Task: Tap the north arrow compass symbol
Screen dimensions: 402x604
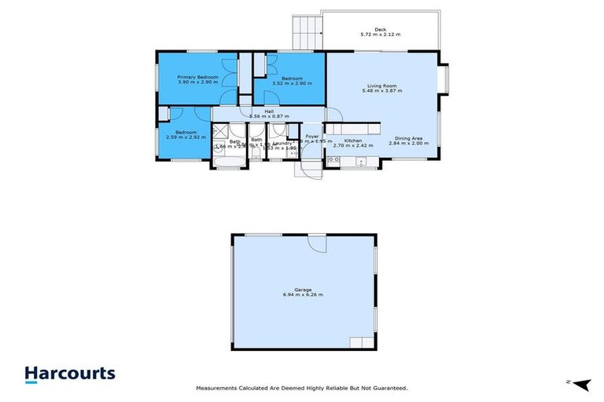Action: (580, 383)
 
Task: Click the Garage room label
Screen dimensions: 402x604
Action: (303, 289)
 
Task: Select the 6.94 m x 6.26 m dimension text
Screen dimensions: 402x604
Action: (303, 294)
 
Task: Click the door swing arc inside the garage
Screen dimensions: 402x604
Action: (317, 244)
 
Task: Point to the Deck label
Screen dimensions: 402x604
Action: (380, 29)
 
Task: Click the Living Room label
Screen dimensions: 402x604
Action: (381, 86)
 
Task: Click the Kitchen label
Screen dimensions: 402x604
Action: (353, 139)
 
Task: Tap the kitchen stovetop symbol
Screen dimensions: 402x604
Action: (333, 161)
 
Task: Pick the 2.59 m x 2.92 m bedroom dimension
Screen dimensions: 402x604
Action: (186, 137)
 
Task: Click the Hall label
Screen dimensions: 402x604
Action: (269, 111)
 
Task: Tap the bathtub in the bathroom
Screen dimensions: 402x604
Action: (230, 163)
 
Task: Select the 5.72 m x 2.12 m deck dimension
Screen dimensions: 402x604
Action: (380, 35)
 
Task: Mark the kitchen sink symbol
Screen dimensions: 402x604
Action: (362, 162)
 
